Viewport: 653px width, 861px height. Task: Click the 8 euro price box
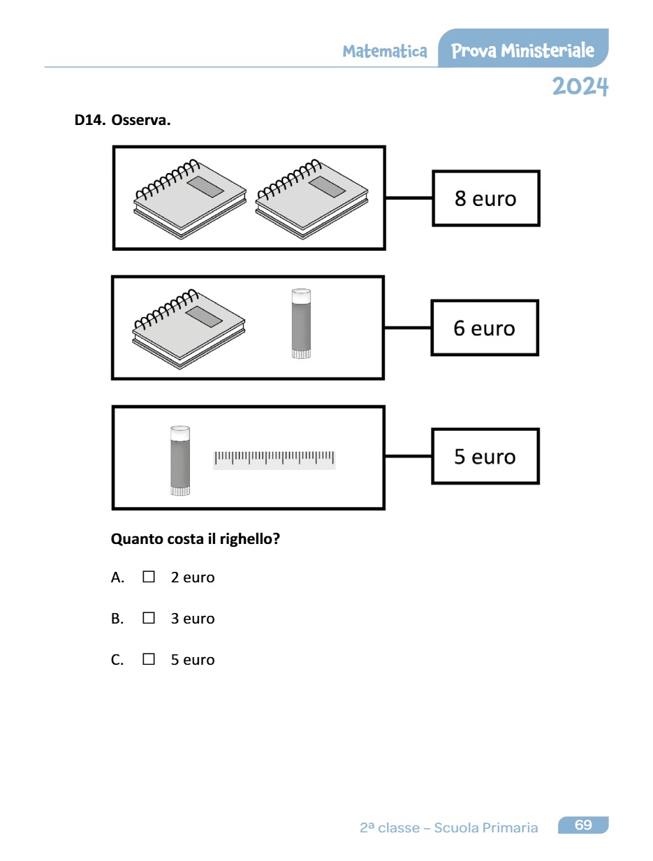point(486,198)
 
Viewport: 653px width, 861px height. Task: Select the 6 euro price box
point(484,328)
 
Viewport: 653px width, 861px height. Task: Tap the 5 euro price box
point(485,457)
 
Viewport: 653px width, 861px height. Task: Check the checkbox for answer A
point(148,577)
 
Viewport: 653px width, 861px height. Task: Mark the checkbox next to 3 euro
point(148,619)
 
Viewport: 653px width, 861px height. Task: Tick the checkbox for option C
point(148,659)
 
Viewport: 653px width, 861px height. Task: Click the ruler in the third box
point(274,459)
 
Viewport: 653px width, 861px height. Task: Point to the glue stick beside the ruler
point(180,460)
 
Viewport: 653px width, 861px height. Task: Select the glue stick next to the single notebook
point(301,324)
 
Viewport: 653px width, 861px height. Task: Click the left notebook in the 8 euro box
point(190,198)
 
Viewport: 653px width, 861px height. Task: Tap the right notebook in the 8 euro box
point(311,198)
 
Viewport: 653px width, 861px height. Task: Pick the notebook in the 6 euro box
point(189,328)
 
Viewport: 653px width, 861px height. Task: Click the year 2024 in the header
point(580,87)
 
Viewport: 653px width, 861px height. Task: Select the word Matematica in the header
point(385,52)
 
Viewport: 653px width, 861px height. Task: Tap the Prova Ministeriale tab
point(522,50)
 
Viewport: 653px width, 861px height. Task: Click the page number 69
point(583,825)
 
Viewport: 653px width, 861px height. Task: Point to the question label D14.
point(89,120)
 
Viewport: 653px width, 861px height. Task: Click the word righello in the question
point(246,539)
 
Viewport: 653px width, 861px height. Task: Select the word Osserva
point(141,120)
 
